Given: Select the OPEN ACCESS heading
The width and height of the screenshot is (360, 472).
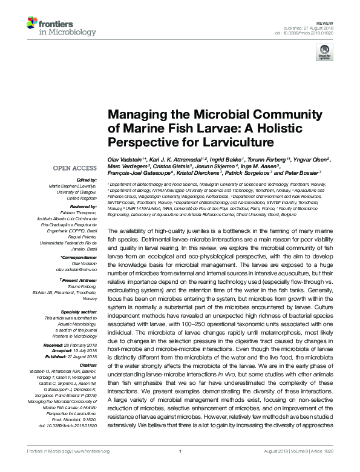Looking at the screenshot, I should tap(76, 168).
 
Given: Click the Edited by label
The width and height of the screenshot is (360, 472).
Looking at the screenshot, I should tap(87, 180).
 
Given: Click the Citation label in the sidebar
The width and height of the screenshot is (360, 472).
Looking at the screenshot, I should tap(88, 365).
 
